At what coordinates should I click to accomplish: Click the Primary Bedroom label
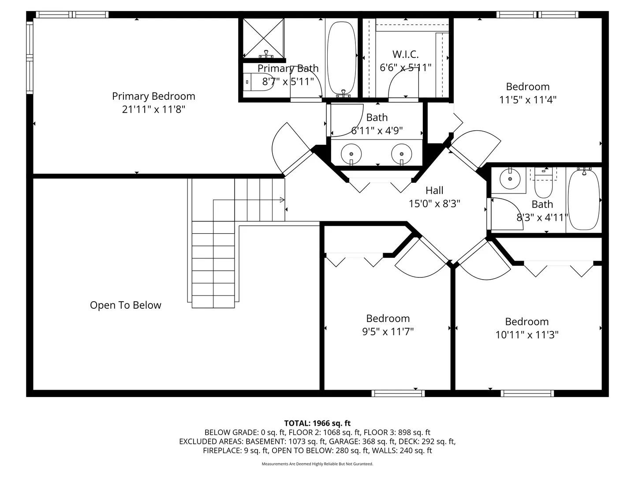[153, 96]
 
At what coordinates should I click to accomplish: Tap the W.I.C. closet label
[405, 54]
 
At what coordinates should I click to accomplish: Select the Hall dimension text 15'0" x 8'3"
[434, 204]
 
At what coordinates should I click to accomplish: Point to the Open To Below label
[125, 305]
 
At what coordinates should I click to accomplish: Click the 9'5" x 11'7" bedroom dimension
[388, 332]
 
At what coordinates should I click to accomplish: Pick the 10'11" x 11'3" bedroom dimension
[527, 335]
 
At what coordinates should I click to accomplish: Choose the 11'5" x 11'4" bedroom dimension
[528, 100]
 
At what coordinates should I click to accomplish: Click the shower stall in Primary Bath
[263, 38]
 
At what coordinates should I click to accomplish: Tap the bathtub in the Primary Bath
[341, 58]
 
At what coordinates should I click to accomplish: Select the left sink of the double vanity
[351, 154]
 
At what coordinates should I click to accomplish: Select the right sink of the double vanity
[402, 154]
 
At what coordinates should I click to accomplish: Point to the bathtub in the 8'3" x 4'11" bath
[584, 200]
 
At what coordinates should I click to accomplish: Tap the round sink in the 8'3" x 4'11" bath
[510, 179]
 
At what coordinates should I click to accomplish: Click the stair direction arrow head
[282, 200]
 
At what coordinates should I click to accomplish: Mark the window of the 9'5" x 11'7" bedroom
[398, 393]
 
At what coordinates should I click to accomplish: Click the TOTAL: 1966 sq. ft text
[317, 424]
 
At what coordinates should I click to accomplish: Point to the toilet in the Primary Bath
[258, 82]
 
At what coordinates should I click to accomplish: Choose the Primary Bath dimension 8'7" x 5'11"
[288, 82]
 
